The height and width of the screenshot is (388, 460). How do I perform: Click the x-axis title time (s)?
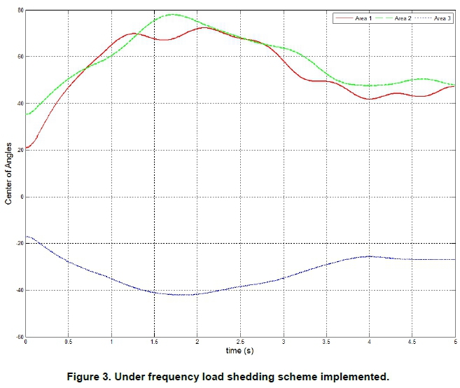[x=239, y=349]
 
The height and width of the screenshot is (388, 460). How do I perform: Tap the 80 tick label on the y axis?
[x=20, y=10]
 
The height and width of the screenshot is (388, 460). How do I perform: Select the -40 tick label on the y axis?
[x=18, y=290]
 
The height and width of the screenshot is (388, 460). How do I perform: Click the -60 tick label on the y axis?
[x=18, y=336]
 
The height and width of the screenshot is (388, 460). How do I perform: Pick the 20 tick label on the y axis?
[x=20, y=150]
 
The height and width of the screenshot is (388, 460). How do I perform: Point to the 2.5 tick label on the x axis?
[x=240, y=342]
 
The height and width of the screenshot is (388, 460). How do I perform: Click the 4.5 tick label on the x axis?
[x=412, y=342]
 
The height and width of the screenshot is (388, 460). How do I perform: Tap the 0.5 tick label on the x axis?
[x=69, y=342]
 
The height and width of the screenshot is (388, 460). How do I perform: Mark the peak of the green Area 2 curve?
[x=172, y=14]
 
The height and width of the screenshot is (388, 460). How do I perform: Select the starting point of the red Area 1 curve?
[x=26, y=148]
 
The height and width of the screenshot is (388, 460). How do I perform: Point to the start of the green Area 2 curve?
[x=26, y=114]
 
